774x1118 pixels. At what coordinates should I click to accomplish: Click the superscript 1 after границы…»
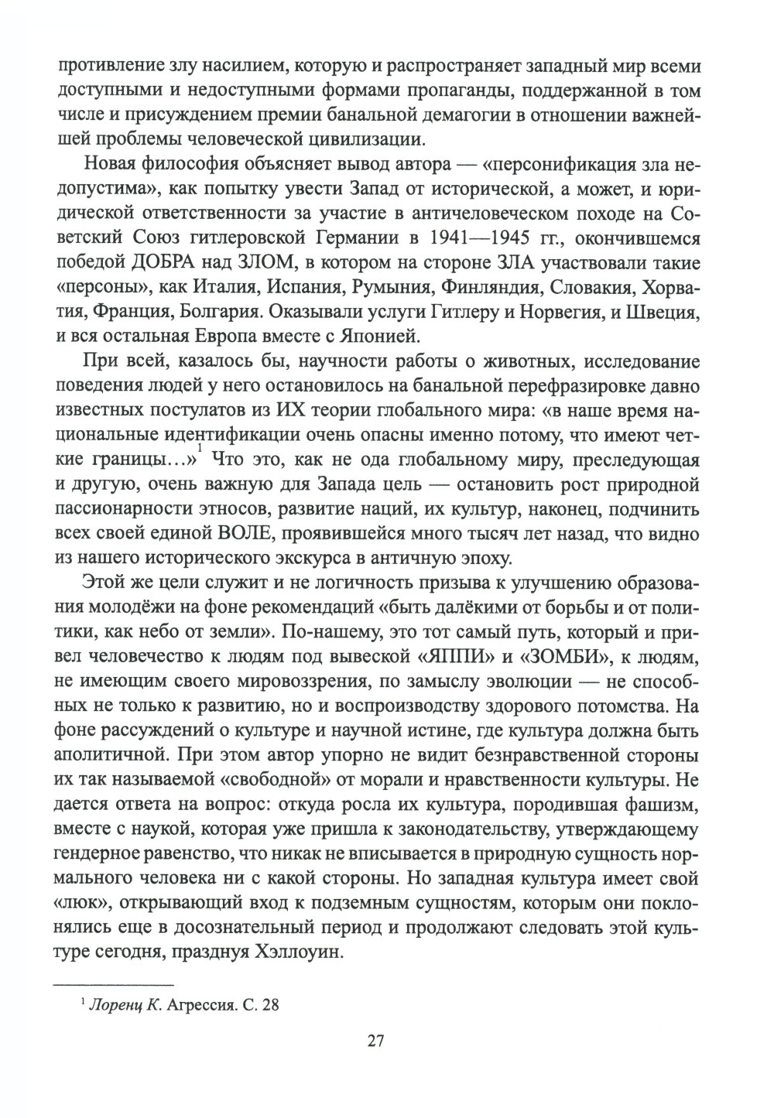pos(200,450)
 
